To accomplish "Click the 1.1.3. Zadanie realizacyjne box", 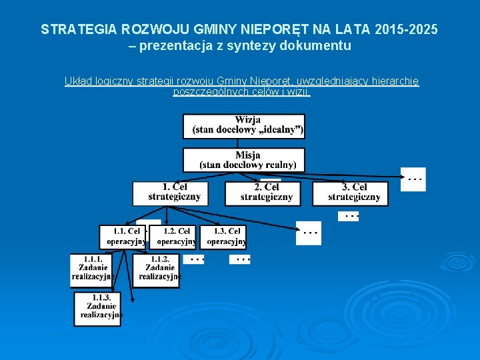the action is (98, 308).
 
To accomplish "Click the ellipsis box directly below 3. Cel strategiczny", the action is (349, 216).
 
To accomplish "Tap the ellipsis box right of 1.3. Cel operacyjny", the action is (309, 233).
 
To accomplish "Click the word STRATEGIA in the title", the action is (78, 30).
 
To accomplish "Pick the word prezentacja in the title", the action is (177, 47).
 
